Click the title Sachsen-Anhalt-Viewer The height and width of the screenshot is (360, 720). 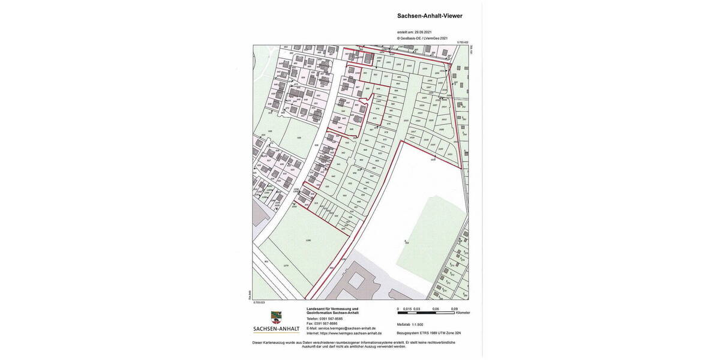(x=430, y=16)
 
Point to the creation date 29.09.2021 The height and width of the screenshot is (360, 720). (x=422, y=32)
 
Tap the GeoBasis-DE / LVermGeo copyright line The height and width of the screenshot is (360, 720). (x=422, y=38)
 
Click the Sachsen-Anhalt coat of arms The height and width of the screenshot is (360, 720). (x=276, y=316)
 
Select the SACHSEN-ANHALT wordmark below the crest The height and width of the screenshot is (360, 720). (x=276, y=329)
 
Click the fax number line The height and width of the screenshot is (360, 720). (x=322, y=323)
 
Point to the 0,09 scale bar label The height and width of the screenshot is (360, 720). (x=454, y=309)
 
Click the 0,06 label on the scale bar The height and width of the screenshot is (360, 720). (x=436, y=309)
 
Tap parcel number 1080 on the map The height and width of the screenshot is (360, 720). (x=308, y=241)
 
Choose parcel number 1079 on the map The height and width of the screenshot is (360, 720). (x=286, y=265)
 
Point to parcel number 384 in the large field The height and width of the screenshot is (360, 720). (x=407, y=243)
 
